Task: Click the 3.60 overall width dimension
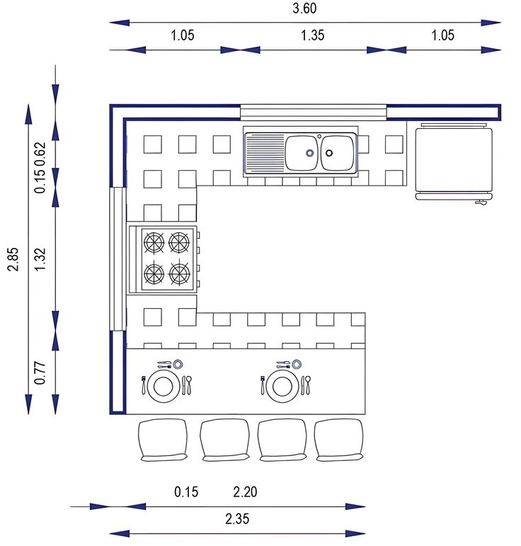305,9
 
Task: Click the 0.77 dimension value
40,372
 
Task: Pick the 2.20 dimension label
246,491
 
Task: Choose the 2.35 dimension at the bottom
237,518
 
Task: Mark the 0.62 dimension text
40,154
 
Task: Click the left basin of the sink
302,153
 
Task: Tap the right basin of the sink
337,153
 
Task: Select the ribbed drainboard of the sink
264,153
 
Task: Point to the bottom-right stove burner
181,273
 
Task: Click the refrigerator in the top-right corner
453,160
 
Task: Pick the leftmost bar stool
163,440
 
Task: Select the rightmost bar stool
339,440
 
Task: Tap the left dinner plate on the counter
164,386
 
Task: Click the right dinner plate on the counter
282,386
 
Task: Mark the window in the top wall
313,110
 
